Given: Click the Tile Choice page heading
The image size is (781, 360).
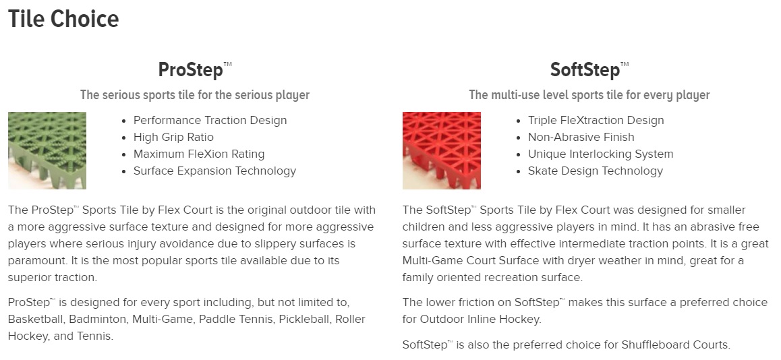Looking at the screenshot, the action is pos(64,20).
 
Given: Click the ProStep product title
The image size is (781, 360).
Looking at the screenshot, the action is pos(195,69).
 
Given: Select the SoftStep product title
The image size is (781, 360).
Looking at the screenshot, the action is pos(589,69).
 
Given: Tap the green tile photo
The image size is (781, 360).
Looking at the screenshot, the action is pos(47,150).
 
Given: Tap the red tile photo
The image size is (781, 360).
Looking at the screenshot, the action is pos(441,150).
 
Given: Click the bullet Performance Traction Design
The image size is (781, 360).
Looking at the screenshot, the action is pos(210,121).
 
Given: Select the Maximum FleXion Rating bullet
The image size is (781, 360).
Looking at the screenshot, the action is pos(199,154).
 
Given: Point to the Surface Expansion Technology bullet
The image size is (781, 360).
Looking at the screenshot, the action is pos(214,171).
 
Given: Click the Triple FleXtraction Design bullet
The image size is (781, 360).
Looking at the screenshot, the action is pos(596,121).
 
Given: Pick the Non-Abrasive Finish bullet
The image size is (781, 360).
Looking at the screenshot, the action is pos(581,137).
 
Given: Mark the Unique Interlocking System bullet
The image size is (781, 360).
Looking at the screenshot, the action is pos(600,154).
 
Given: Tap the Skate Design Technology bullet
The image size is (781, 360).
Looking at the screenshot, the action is pos(596,171).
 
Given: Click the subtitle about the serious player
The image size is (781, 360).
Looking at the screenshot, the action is pos(195,95).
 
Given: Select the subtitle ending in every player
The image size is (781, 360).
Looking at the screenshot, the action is pos(589,95).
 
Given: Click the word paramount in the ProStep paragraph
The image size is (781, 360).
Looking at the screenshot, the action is pos(34,260).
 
